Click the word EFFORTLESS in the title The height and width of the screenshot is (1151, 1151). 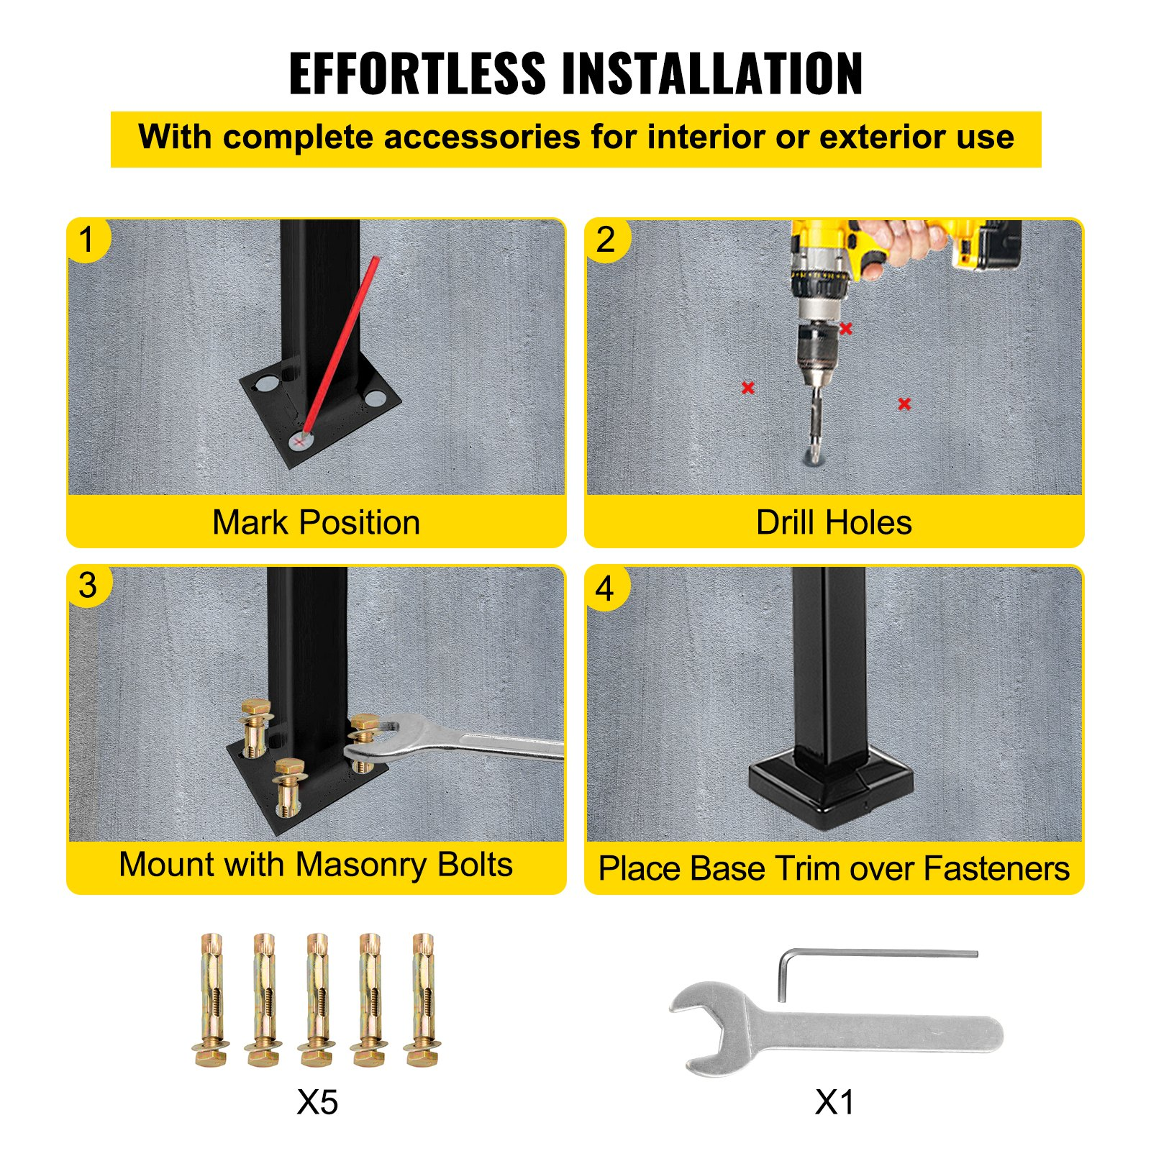417,73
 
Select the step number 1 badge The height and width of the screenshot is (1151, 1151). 87,240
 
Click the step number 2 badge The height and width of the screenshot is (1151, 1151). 606,240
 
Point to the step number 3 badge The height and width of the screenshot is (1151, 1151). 88,586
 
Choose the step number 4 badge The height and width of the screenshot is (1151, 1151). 606,588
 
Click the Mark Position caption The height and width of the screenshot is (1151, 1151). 317,522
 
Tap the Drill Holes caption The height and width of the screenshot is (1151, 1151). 834,522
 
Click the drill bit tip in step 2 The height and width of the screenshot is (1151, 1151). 814,458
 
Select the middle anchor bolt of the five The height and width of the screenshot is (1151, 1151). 317,1000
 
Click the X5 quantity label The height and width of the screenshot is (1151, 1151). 317,1102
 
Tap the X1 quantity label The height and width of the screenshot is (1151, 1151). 834,1102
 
